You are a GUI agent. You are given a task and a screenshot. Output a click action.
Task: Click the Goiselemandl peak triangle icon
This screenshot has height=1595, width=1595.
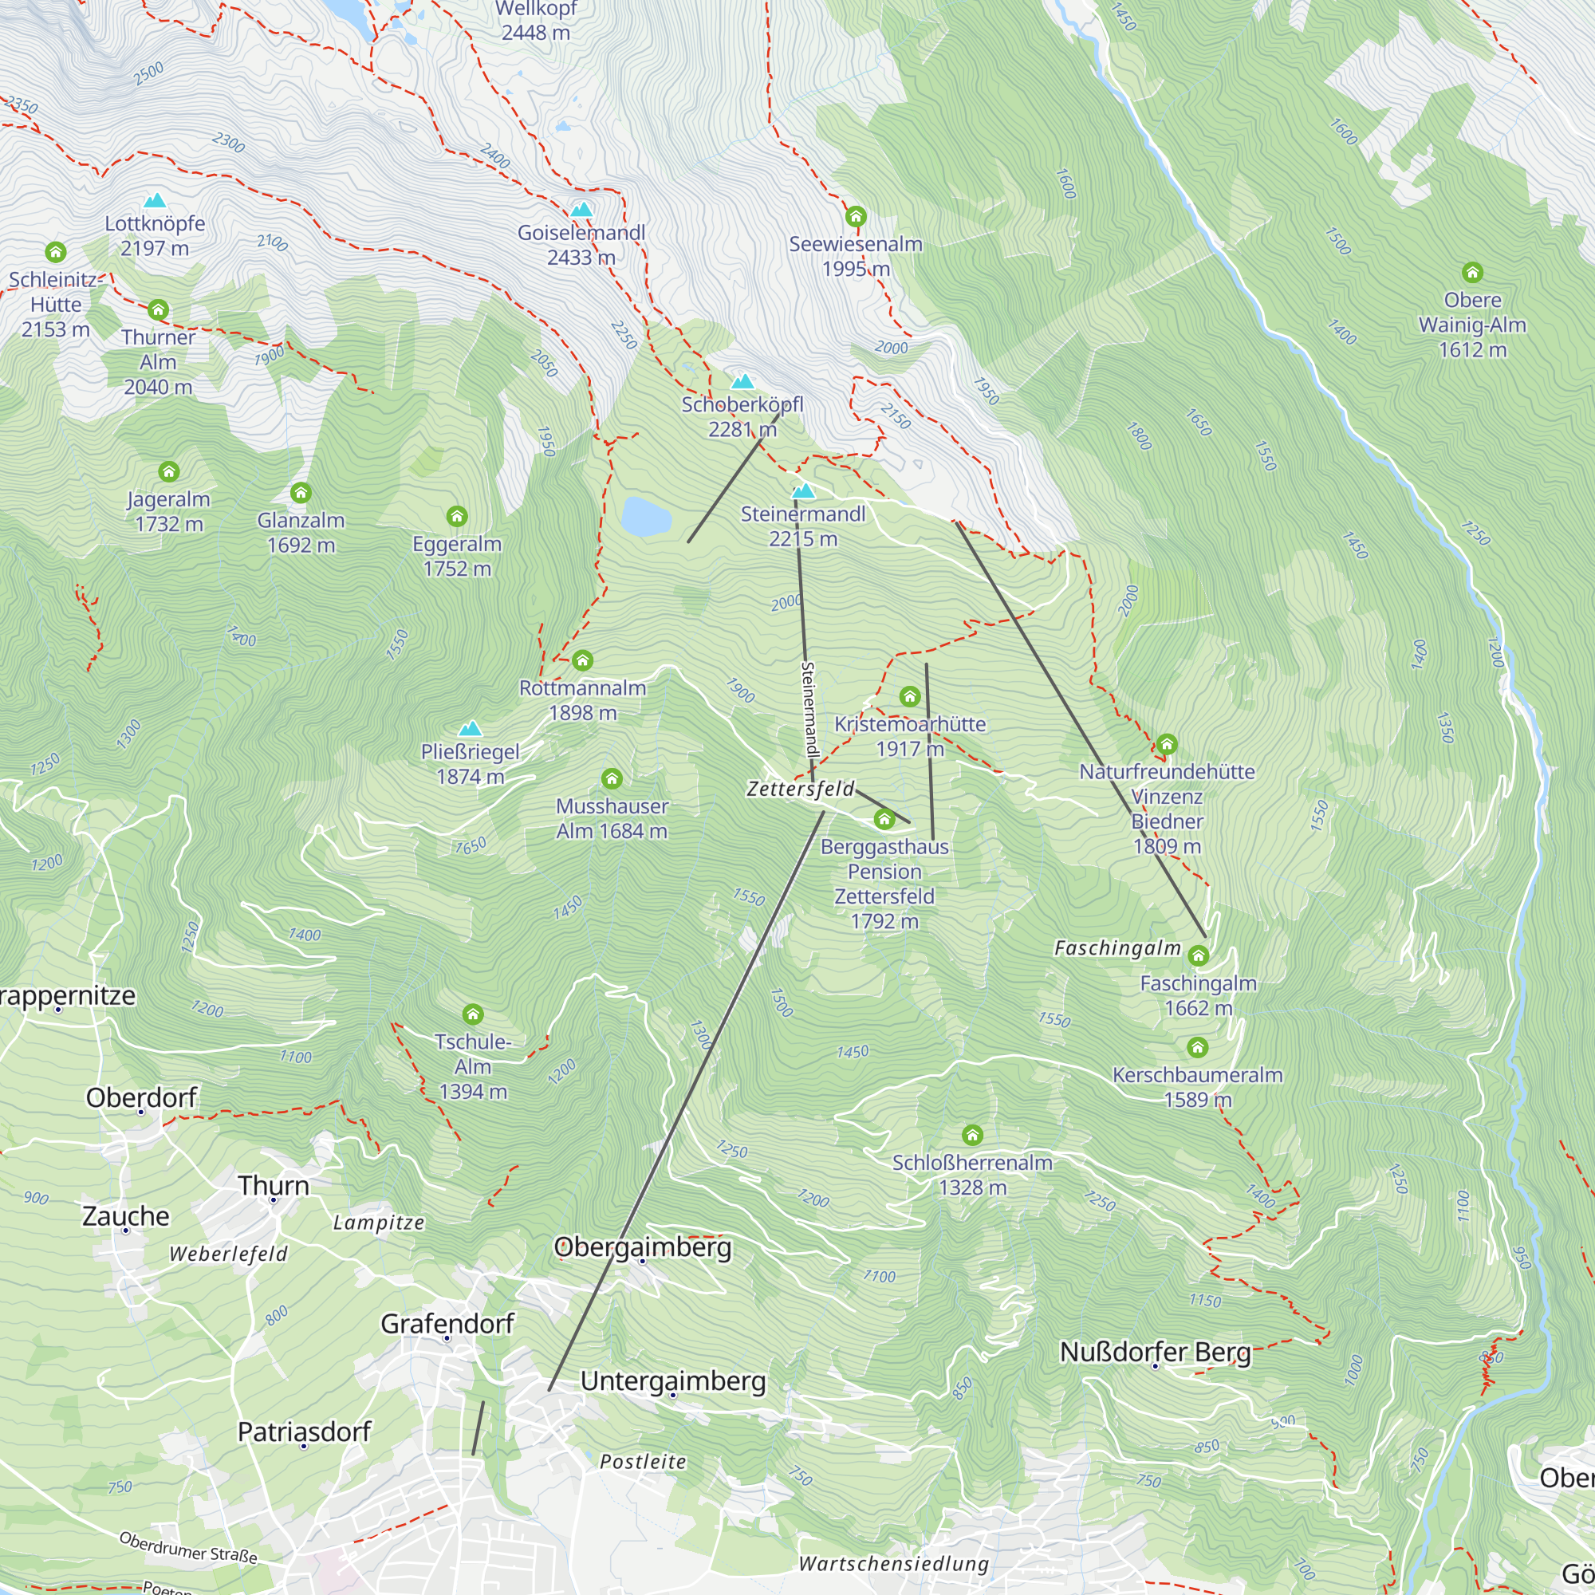[x=582, y=210]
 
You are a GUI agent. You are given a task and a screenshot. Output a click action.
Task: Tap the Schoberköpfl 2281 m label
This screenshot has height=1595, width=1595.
[x=742, y=416]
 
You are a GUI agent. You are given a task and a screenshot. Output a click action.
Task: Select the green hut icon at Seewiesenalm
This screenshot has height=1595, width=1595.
[x=855, y=217]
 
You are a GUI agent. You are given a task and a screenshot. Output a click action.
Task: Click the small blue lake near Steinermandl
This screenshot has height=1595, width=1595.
[x=646, y=517]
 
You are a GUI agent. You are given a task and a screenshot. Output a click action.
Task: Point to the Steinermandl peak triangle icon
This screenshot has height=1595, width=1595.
[x=803, y=492]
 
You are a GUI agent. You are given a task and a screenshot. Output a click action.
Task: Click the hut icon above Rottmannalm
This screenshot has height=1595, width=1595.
[x=582, y=660]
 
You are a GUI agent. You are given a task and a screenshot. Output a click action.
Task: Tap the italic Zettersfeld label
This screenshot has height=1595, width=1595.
[x=800, y=790]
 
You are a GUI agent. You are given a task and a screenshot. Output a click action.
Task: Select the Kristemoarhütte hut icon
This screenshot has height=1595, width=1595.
[x=910, y=697]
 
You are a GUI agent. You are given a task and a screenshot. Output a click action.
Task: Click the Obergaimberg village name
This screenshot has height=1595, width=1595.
[x=642, y=1246]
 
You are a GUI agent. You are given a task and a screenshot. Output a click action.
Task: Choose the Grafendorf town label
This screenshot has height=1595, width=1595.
[x=447, y=1324]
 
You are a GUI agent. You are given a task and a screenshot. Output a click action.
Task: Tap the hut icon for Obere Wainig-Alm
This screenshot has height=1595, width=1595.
[x=1472, y=273]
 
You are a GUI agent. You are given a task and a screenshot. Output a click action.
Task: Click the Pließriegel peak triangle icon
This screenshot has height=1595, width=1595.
[x=470, y=728]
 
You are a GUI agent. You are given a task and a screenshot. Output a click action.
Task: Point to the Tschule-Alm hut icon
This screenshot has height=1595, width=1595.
[x=472, y=1014]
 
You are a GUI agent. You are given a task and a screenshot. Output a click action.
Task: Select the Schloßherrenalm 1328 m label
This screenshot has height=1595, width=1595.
[x=971, y=1175]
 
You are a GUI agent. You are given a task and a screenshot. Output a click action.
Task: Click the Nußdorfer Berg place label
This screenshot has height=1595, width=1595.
[x=1155, y=1353]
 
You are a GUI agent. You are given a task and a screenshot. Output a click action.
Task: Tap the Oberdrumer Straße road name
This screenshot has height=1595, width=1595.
[x=188, y=1547]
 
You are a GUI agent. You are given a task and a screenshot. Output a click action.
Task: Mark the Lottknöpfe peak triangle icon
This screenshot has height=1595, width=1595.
[x=156, y=201]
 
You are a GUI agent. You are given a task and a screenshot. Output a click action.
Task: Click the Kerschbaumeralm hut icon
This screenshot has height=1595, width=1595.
[x=1197, y=1048]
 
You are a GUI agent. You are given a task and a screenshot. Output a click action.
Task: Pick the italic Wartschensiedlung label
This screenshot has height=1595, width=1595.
[x=893, y=1564]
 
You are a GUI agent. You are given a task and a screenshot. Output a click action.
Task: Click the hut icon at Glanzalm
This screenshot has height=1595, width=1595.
[x=301, y=494]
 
